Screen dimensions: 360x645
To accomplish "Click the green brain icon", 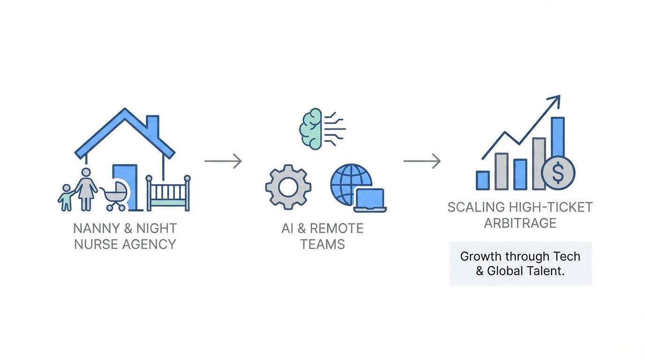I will [311, 128].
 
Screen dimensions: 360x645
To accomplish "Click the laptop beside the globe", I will [370, 200].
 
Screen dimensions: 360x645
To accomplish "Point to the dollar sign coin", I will [558, 173].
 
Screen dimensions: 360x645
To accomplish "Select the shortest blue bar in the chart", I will [483, 180].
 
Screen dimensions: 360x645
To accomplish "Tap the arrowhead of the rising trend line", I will [555, 100].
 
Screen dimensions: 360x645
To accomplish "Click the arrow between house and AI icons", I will [223, 161].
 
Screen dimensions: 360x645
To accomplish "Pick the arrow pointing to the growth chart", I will [422, 161].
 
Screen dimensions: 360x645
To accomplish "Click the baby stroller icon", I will [114, 196].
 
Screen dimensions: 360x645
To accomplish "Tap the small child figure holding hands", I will [66, 197].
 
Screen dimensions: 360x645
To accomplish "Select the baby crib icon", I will [168, 193].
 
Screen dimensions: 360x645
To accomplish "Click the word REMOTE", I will [337, 229].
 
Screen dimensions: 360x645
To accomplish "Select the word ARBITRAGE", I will [520, 223].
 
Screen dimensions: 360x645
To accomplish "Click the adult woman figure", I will [86, 189].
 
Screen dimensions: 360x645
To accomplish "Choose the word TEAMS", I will [322, 244].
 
